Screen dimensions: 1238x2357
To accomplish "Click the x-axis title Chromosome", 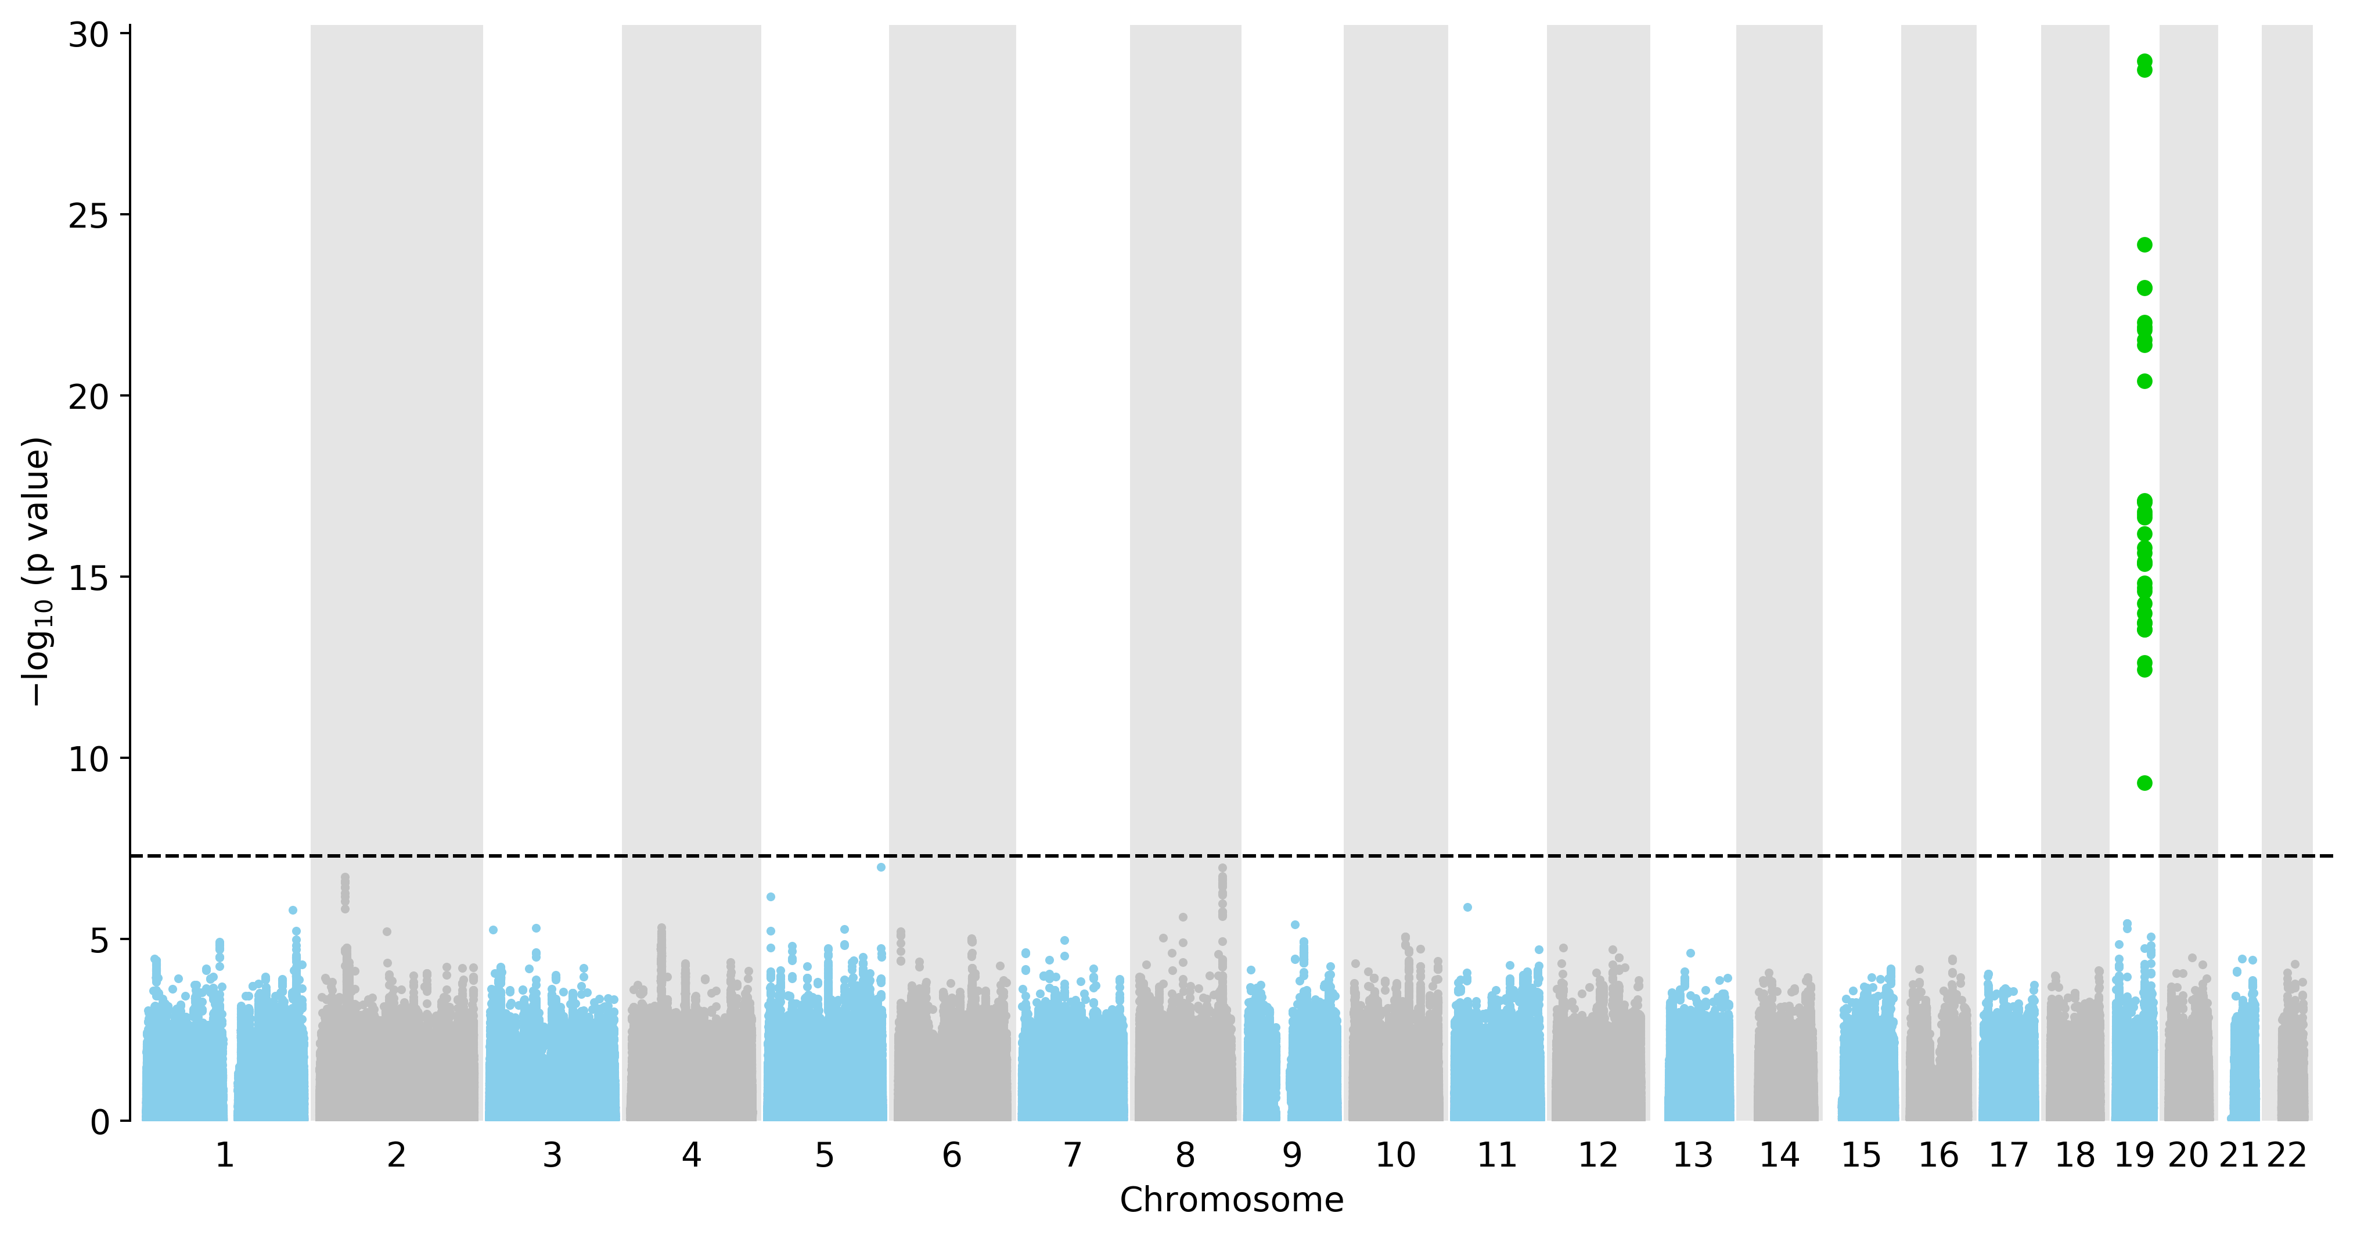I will pyautogui.click(x=1232, y=1200).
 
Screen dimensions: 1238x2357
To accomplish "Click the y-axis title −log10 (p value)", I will pyautogui.click(x=37, y=572).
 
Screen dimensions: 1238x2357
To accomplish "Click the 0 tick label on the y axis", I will pyautogui.click(x=100, y=1122).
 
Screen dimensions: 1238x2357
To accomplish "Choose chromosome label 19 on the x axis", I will pyautogui.click(x=2135, y=1156).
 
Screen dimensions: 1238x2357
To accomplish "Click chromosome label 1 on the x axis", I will pyautogui.click(x=224, y=1156).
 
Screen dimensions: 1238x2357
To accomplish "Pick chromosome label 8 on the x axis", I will pyautogui.click(x=1185, y=1156).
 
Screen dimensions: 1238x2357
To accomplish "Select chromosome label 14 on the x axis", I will pyautogui.click(x=1780, y=1156).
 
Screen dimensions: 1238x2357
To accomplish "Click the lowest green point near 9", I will pyautogui.click(x=2144, y=782).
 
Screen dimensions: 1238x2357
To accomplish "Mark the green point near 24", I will pyautogui.click(x=2144, y=244).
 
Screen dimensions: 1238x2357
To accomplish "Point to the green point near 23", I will pyautogui.click(x=2144, y=287).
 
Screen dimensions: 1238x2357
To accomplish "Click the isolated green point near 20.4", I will pyautogui.click(x=2144, y=381).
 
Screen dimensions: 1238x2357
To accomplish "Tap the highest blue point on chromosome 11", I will pyautogui.click(x=1467, y=907).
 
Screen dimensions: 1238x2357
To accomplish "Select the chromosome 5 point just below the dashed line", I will pyautogui.click(x=881, y=866).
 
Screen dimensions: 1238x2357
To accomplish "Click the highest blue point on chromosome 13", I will pyautogui.click(x=1691, y=952).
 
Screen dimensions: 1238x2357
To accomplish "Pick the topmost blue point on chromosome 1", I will pyautogui.click(x=293, y=909).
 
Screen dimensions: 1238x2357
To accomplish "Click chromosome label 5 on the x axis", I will pyautogui.click(x=825, y=1156).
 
